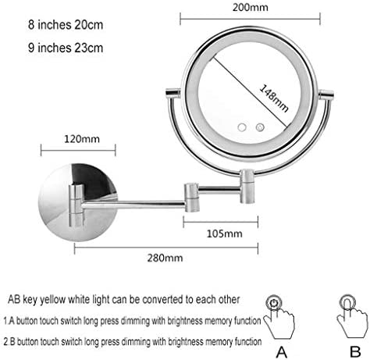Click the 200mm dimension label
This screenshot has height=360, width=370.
coord(250,7)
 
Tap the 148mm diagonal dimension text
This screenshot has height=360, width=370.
coord(274,98)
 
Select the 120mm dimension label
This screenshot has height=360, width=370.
coord(82,139)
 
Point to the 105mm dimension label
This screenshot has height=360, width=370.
coord(224,233)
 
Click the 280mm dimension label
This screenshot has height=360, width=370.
coord(165,258)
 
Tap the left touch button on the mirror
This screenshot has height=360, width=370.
coord(242,127)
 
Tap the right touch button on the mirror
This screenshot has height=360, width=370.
coord(260,127)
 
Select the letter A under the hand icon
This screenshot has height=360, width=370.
coord(281,352)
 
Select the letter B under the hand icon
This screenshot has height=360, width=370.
coord(355,352)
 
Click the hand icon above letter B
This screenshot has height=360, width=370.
coord(353,315)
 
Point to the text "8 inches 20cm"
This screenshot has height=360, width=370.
coord(66,25)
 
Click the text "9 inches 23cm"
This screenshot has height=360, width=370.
coord(66,48)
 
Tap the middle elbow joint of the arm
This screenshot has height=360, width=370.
coord(192,198)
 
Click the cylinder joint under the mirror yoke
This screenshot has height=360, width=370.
coord(246,187)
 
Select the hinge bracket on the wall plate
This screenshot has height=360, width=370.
coord(76,205)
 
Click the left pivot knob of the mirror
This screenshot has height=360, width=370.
coord(173,93)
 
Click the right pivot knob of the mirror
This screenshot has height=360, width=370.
coord(326,94)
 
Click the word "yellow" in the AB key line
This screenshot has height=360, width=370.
coord(52,300)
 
